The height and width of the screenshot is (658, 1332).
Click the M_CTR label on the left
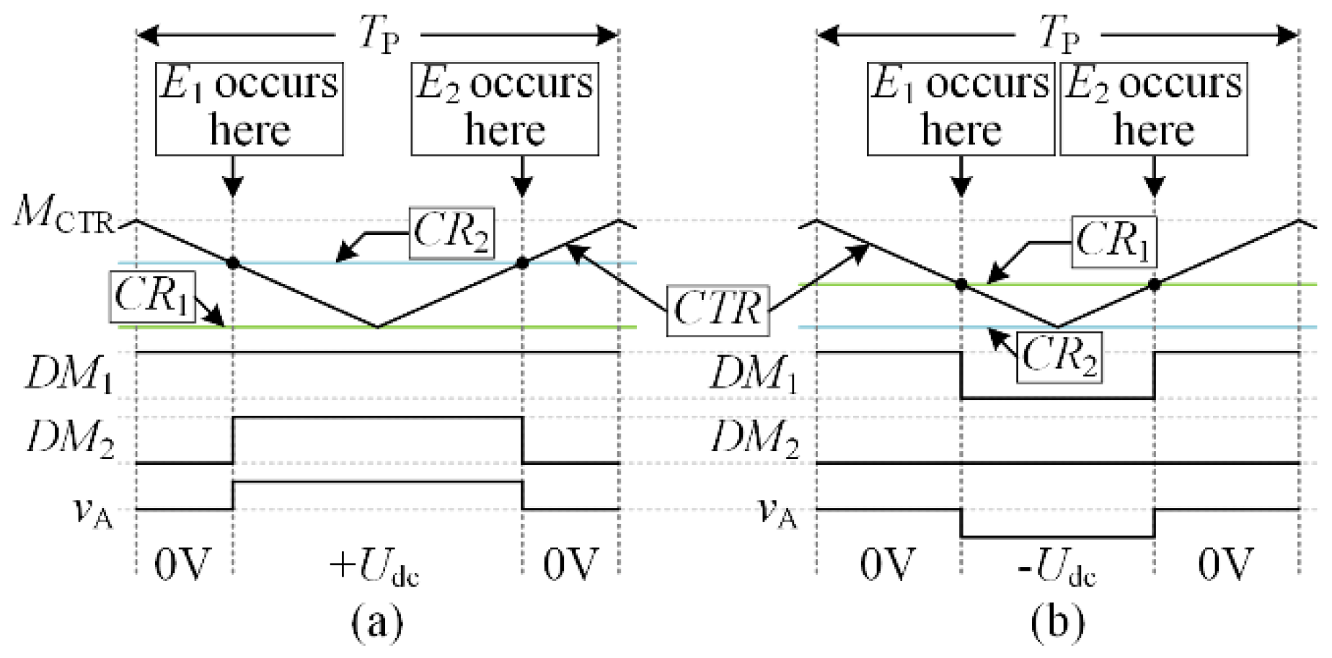[63, 214]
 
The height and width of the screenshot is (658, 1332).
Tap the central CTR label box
[718, 310]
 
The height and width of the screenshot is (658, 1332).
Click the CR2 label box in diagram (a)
[451, 233]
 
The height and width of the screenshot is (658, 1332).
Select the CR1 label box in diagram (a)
[153, 296]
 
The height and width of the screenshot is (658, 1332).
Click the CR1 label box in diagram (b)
[1113, 241]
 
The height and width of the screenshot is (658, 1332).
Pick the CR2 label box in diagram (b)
[1059, 357]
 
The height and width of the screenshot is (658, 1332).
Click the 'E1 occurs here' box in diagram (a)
[250, 109]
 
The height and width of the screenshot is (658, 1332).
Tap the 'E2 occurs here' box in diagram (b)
[1154, 109]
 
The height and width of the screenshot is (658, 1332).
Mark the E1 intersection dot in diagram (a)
[233, 263]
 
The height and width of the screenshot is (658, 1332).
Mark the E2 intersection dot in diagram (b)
[1154, 285]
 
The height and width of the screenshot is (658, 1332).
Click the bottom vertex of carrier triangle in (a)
[377, 326]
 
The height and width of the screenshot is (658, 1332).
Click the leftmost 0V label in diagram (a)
[183, 564]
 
